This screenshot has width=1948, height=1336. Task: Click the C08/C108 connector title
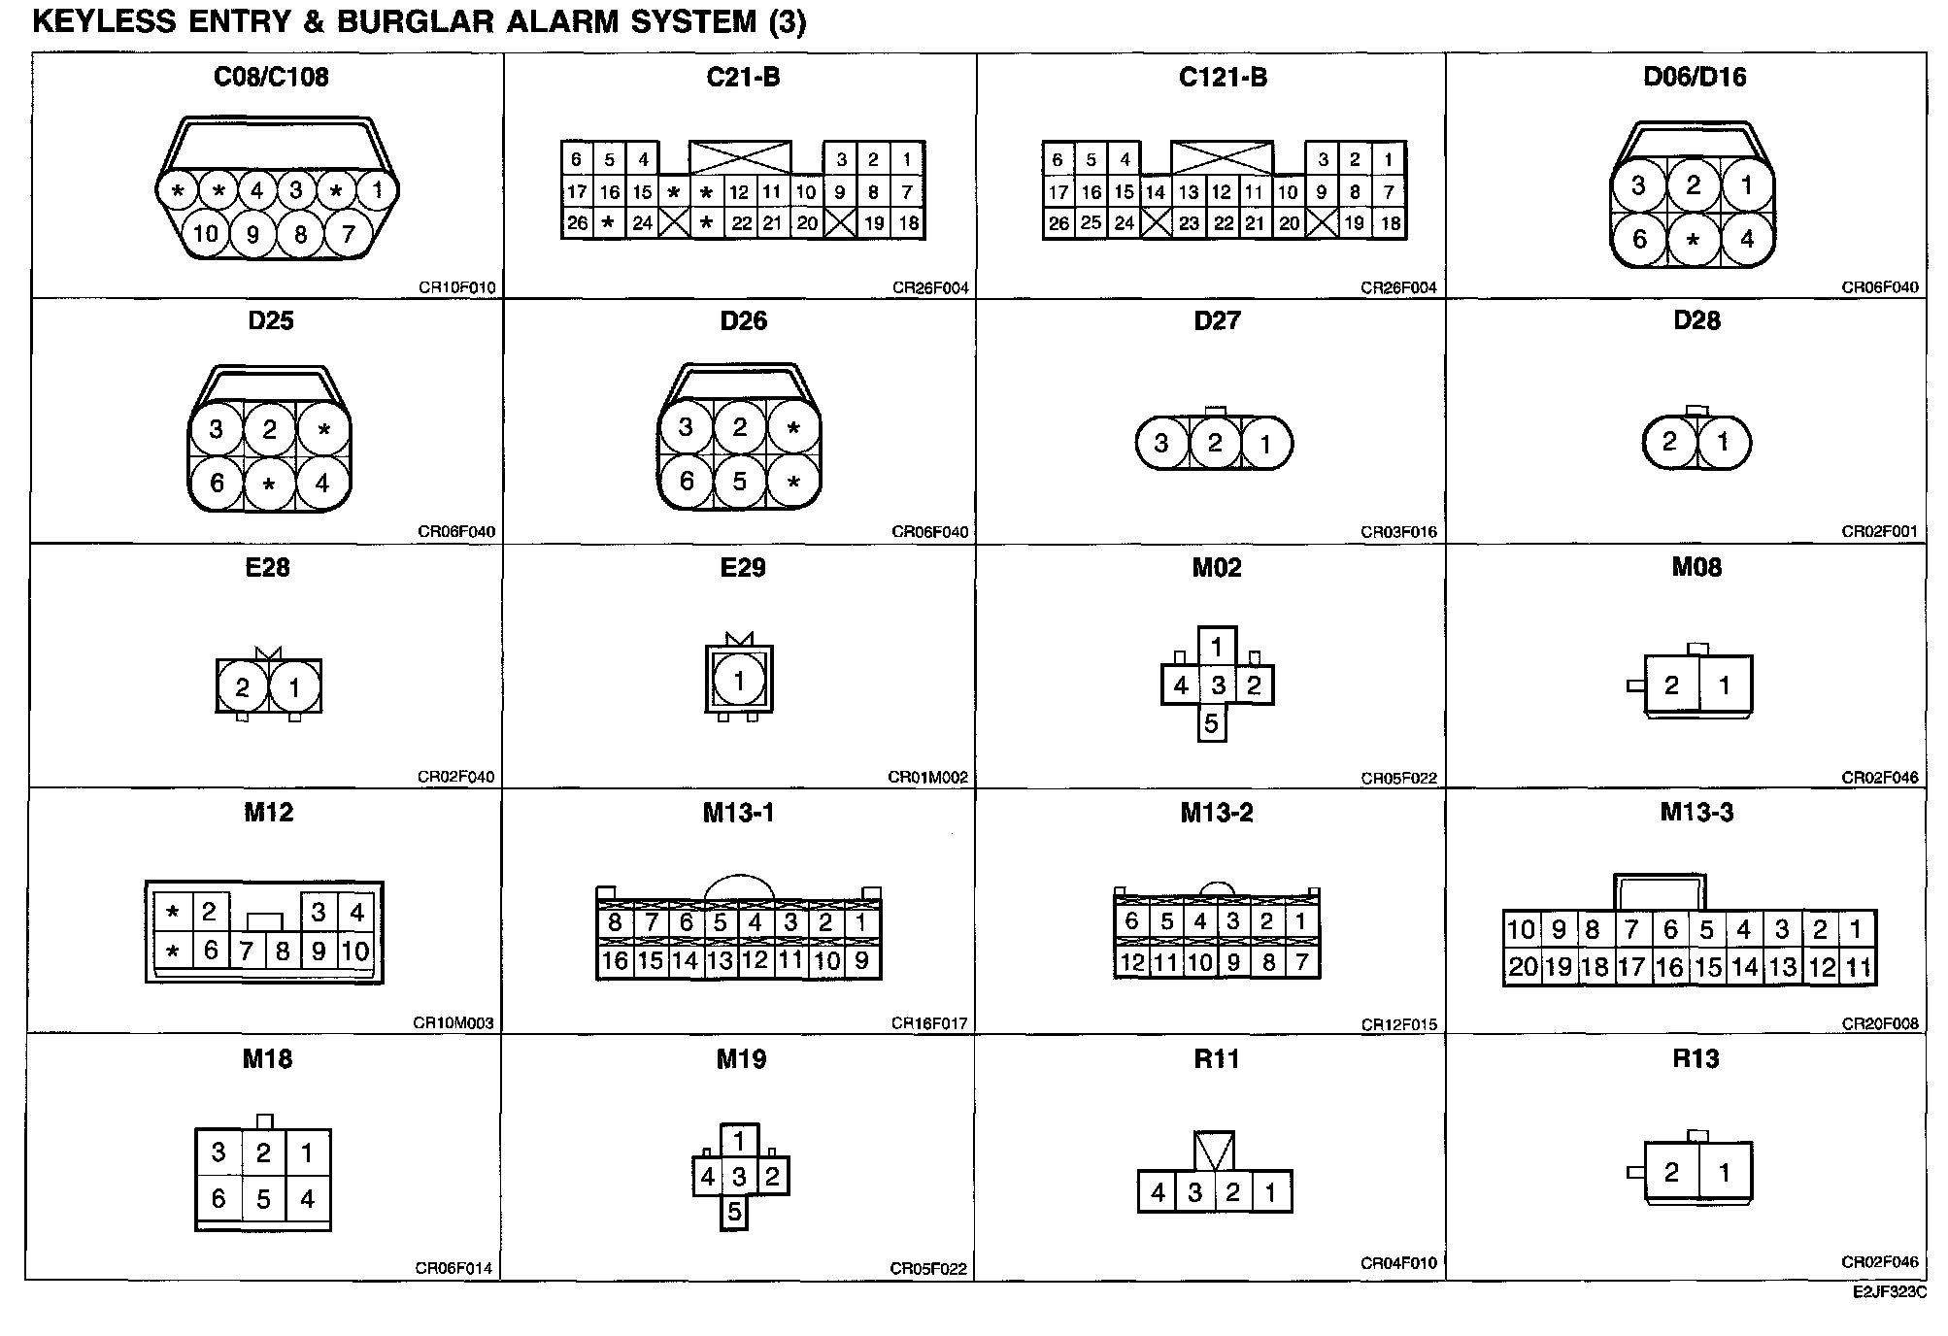coord(271,77)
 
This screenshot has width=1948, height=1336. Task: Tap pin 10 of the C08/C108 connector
coord(205,233)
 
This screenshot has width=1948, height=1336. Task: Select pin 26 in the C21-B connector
coord(577,223)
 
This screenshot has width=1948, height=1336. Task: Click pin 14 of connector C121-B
coord(1155,192)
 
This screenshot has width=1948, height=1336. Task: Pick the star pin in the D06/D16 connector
coord(1693,239)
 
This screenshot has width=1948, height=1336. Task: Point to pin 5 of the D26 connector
coord(740,482)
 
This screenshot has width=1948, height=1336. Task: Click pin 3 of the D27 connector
coord(1161,444)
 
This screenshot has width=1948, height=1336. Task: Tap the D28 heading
coord(1696,321)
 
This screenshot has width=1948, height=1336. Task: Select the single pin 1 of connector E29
coord(739,681)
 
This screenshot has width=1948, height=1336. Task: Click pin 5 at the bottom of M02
coord(1211,724)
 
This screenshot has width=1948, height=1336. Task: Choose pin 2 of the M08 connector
coord(1671,686)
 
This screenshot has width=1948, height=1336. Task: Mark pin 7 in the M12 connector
coord(248,952)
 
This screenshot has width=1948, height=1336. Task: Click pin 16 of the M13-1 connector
coord(615,961)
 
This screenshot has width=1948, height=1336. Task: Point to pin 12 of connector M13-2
coord(1132,962)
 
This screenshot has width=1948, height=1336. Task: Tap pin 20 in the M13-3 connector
coord(1522,967)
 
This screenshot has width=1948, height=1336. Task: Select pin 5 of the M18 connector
coord(263,1200)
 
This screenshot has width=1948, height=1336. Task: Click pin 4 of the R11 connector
coord(1158,1192)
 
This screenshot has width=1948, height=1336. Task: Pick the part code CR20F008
coord(1880,1023)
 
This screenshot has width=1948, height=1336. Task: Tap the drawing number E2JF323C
coord(1889,1292)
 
